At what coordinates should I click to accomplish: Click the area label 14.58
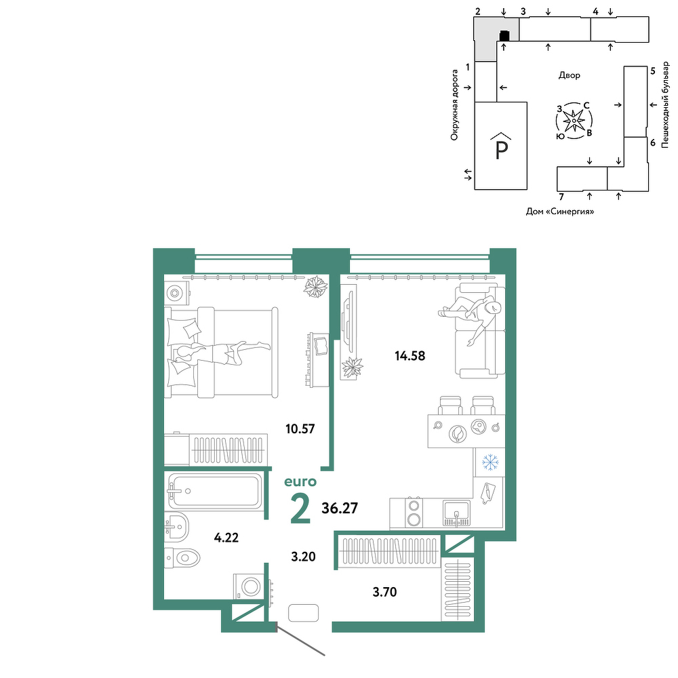(410, 356)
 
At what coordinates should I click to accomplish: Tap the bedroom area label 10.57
(300, 429)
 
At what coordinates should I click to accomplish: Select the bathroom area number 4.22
(226, 538)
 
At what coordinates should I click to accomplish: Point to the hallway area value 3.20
(303, 557)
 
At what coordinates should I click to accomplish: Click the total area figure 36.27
(340, 508)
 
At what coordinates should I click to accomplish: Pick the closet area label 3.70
(384, 591)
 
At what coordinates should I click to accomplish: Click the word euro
(300, 481)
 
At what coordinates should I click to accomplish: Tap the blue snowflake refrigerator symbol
(490, 462)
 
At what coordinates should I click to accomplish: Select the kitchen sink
(456, 513)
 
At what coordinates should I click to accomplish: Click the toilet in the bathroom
(182, 557)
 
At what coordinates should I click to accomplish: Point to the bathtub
(215, 491)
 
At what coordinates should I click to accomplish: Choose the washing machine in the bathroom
(247, 586)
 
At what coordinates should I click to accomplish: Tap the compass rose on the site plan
(574, 121)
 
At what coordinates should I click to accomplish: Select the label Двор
(569, 75)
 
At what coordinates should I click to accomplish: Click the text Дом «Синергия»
(560, 212)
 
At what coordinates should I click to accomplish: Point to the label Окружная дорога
(454, 104)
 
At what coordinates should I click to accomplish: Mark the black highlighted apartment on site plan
(504, 35)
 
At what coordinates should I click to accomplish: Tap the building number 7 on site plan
(561, 197)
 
